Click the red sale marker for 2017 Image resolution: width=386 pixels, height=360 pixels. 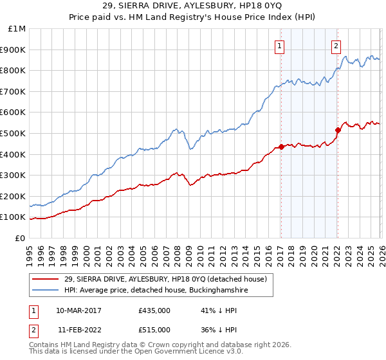pos(281,147)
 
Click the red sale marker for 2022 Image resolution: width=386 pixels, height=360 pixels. pos(337,130)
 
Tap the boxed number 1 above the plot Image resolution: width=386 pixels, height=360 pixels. pos(280,45)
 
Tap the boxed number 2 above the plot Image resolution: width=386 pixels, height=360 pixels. pos(336,45)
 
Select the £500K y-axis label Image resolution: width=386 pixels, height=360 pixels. pos(14,133)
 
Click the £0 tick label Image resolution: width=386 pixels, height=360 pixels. pos(20,238)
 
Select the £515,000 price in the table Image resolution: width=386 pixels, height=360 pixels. pos(154,330)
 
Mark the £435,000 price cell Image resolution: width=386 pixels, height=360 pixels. pos(154,310)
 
